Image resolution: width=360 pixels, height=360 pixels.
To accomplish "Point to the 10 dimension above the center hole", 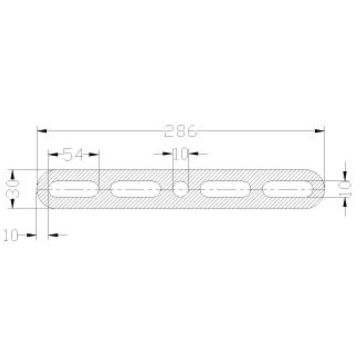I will click(180, 155).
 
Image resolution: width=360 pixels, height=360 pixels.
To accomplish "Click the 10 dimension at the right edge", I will click(344, 187).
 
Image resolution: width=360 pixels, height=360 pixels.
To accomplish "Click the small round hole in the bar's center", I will click(180, 188).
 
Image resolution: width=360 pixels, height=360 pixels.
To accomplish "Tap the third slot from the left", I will click(225, 188).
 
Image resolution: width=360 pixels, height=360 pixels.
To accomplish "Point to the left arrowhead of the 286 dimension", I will click(40, 130).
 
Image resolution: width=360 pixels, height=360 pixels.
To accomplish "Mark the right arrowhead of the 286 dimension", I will click(322, 130).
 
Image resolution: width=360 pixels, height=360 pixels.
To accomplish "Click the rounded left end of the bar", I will click(41, 188).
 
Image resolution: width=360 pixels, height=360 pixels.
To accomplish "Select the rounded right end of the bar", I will click(319, 188).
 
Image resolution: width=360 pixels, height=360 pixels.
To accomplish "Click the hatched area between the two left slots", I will click(105, 188).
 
